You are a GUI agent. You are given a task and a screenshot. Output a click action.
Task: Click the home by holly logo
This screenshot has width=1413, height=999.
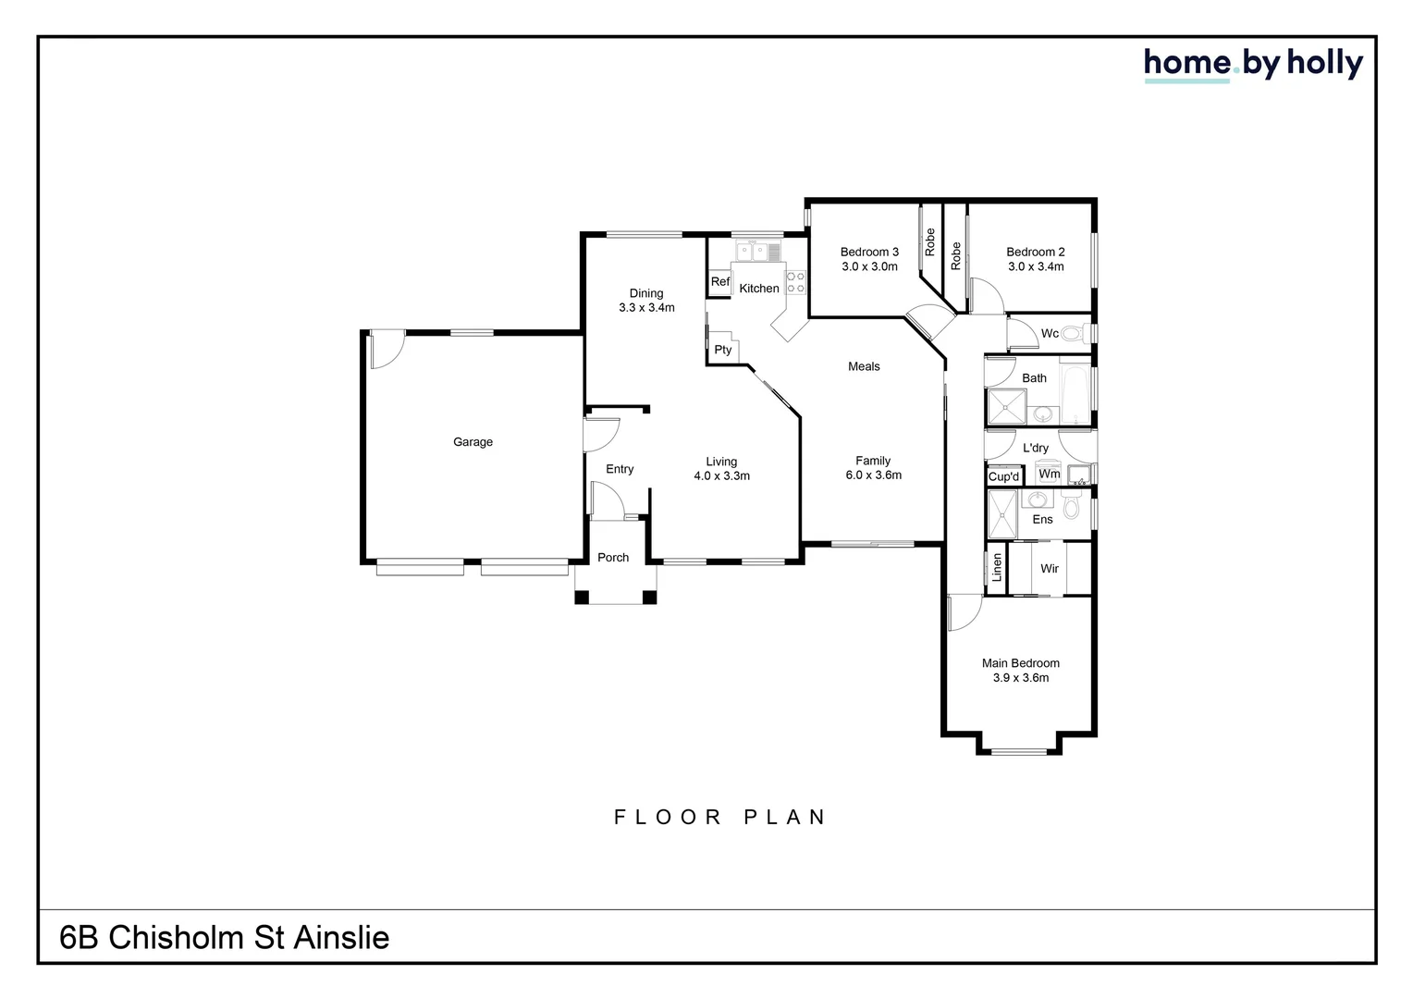[1253, 64]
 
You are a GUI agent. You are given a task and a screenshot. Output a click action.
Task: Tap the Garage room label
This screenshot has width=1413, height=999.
[473, 442]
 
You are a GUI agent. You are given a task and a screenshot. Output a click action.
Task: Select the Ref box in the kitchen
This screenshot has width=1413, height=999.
[719, 282]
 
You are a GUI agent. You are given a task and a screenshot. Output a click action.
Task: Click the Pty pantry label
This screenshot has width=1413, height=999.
[722, 350]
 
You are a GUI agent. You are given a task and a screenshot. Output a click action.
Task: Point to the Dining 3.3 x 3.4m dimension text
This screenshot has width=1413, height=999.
[646, 308]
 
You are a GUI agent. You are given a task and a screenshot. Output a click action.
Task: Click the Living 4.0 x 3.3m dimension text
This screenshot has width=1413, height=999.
[721, 476]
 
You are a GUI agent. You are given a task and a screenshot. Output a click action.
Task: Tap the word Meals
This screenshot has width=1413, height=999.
[864, 366]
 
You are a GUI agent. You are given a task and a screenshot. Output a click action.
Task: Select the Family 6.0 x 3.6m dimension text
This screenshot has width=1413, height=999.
[873, 475]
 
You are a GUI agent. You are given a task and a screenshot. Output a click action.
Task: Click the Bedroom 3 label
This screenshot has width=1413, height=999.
[869, 252]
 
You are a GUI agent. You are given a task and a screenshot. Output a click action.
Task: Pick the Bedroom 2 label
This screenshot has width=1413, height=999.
[1035, 252]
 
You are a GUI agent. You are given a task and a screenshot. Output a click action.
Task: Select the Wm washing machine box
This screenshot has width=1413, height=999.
[1049, 474]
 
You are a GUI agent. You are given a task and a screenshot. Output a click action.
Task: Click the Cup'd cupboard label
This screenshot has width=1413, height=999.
[1003, 477]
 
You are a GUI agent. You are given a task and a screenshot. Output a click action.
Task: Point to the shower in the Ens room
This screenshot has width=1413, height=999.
[1001, 514]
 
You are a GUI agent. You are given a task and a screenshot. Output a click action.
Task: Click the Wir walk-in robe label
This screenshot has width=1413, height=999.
[1049, 569]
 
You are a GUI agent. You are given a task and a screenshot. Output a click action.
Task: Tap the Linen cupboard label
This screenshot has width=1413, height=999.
[997, 568]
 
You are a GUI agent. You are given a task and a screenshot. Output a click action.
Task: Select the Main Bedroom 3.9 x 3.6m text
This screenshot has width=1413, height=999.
[1020, 671]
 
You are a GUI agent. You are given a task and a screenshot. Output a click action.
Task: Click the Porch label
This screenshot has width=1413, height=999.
[613, 558]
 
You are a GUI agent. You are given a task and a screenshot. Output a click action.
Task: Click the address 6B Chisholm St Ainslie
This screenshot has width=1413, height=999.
[225, 938]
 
